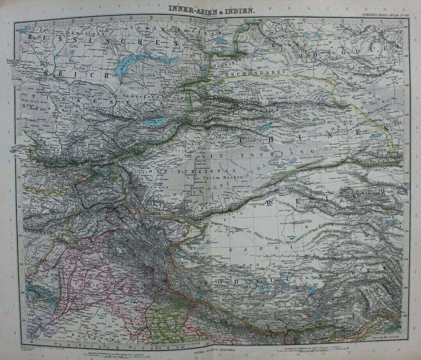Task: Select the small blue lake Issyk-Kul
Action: (155, 122)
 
